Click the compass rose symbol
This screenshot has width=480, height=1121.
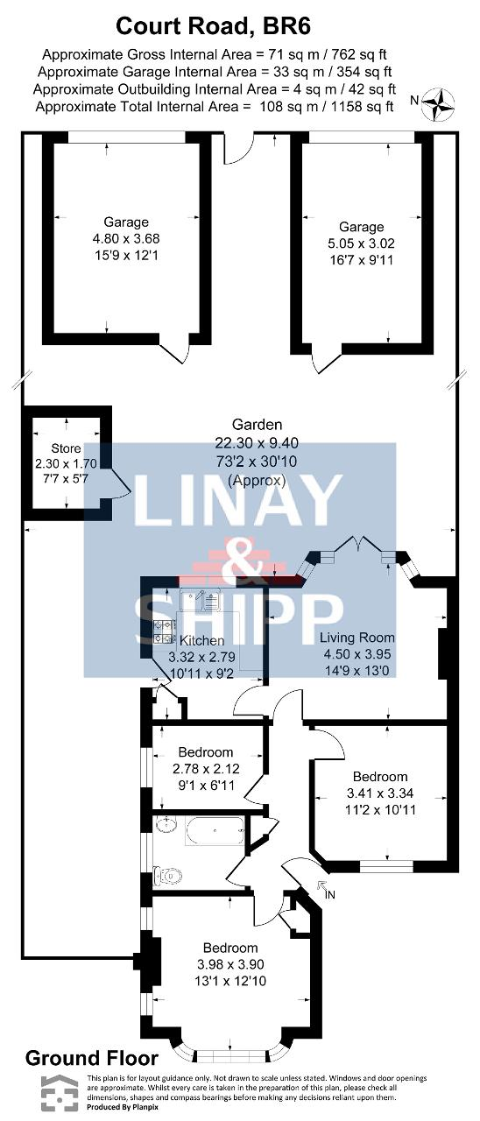[x=437, y=104]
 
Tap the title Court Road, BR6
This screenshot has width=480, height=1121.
[x=213, y=26]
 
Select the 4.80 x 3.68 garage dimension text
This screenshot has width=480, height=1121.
[x=126, y=239]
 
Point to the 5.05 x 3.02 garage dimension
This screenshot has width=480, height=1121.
[x=361, y=243]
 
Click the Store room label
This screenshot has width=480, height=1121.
[x=66, y=448]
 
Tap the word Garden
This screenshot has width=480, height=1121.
[x=258, y=425]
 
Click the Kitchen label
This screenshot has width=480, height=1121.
[x=201, y=640]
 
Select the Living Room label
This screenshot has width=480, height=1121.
[x=356, y=638]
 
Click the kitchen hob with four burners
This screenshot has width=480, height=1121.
[x=166, y=631]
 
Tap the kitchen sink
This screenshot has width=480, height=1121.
[x=201, y=600]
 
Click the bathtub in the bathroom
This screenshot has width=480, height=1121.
[x=215, y=831]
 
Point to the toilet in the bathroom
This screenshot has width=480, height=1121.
[x=167, y=876]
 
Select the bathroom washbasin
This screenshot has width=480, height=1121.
[x=166, y=824]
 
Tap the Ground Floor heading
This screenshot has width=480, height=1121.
[x=92, y=1058]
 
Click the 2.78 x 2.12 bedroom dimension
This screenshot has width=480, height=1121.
[x=206, y=768]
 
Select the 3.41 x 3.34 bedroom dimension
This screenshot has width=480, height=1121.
[x=380, y=793]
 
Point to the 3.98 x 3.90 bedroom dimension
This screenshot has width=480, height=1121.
[x=230, y=964]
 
